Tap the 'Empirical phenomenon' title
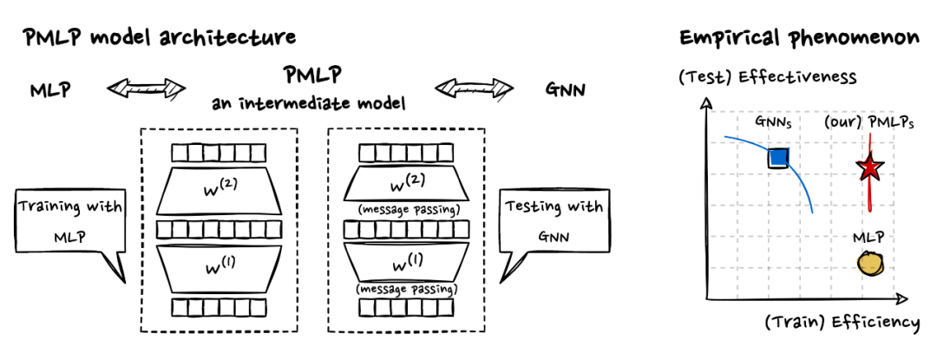(798, 38)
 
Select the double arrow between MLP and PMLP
(147, 88)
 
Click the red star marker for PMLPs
(869, 168)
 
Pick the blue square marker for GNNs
(778, 157)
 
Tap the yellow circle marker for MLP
(870, 262)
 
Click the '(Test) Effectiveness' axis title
(767, 78)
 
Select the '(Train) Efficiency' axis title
(841, 323)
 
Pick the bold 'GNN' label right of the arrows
(566, 88)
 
